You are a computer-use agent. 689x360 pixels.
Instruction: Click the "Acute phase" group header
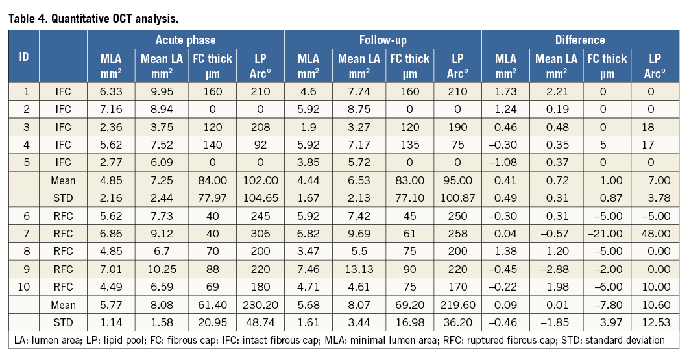click(186, 40)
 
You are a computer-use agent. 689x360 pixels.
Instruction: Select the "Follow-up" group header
click(383, 40)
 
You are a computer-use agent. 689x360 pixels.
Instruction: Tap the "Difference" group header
click(580, 40)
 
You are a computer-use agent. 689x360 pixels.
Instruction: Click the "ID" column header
click(23, 57)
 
